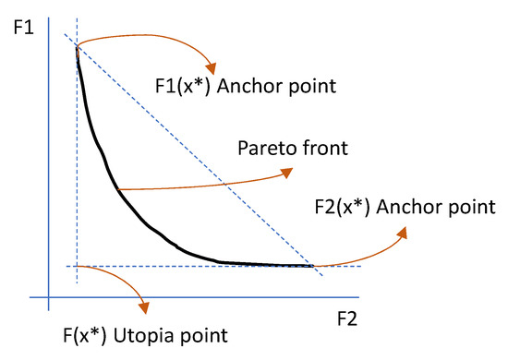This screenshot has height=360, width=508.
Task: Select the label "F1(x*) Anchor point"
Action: (241, 89)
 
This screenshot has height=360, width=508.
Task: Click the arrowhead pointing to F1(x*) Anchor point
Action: (213, 67)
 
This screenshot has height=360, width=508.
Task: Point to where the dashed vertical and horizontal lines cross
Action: (78, 266)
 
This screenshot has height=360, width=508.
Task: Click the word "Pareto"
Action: (265, 148)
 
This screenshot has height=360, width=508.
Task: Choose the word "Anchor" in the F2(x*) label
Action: (412, 204)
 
